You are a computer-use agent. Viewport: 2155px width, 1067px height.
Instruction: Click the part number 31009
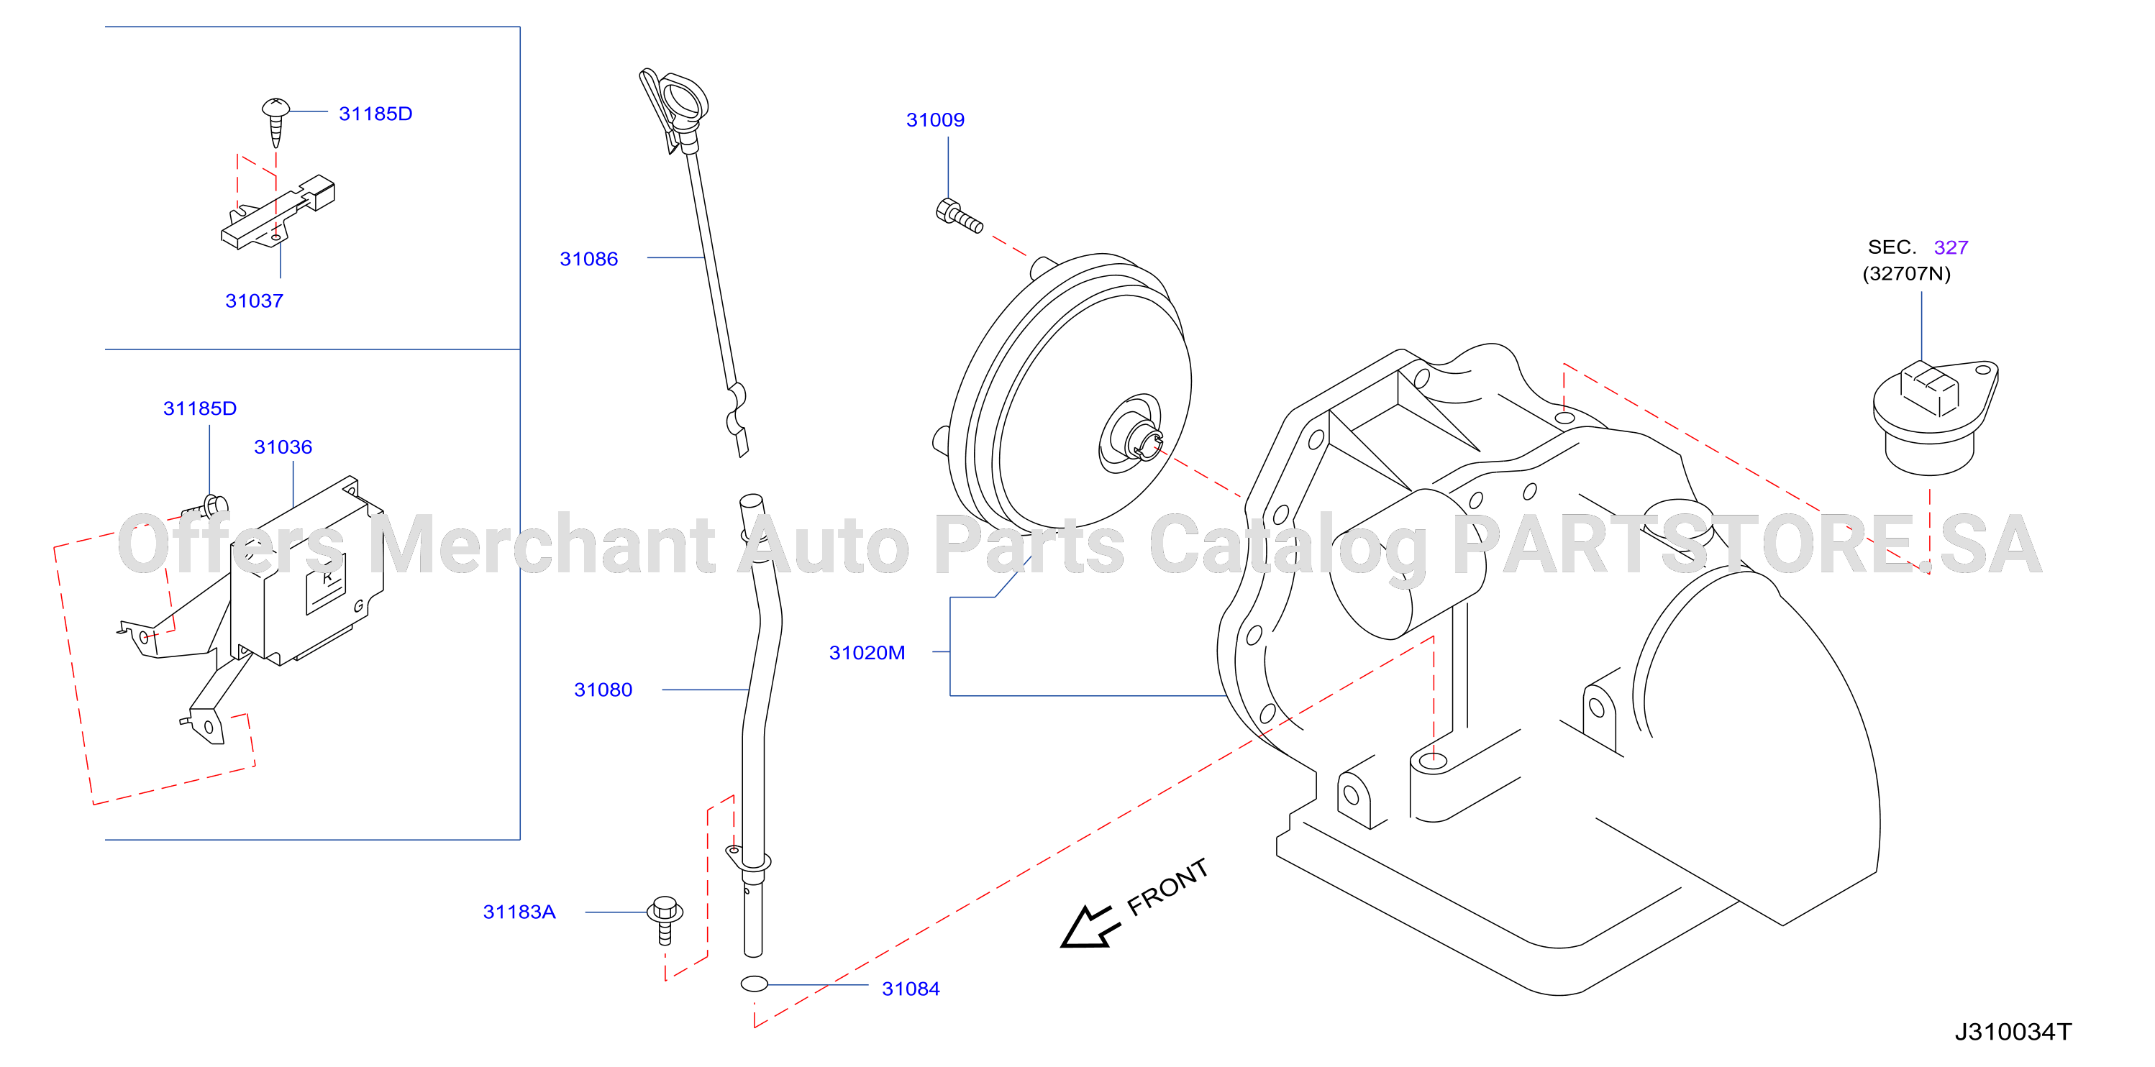coord(934,119)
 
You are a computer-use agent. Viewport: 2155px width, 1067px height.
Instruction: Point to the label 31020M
coord(866,652)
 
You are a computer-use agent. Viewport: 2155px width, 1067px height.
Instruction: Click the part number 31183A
coord(519,912)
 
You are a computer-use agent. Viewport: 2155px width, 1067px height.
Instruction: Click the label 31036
coord(283,447)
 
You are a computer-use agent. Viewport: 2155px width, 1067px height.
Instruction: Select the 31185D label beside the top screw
coord(375,113)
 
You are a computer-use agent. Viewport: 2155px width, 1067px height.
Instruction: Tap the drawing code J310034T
coord(2012,1031)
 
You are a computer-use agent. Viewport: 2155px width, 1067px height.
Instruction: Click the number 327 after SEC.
coord(1950,247)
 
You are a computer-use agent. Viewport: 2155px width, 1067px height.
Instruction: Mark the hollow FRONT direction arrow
coord(1088,927)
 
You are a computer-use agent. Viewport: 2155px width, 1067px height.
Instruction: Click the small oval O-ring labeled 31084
coord(754,984)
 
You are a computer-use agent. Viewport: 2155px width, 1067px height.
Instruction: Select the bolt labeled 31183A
coord(665,920)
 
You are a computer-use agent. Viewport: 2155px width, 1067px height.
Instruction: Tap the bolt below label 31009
coord(958,216)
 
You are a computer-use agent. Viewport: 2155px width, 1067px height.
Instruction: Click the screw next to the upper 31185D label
coord(275,122)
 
